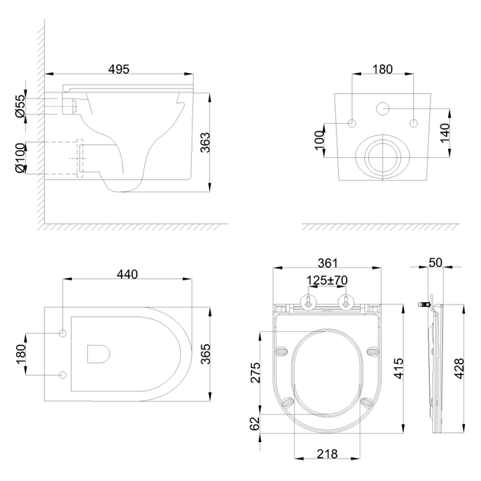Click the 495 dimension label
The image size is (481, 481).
pos(119,69)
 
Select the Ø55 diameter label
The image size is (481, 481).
pos(21,106)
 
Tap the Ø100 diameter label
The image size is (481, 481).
pos(21,158)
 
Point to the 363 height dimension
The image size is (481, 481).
pos(205,142)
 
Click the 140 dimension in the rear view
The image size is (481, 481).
pos(445,133)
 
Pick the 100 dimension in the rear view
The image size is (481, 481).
pos(319,140)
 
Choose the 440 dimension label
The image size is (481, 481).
pos(128,274)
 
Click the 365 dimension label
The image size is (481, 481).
pos(205,354)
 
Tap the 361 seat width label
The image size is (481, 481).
pos(328,263)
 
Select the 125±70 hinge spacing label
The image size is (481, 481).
pos(328,280)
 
